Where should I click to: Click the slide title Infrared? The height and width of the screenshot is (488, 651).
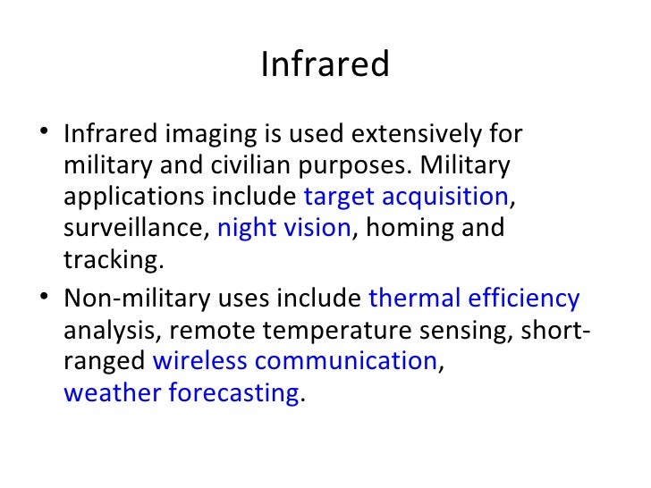(325, 65)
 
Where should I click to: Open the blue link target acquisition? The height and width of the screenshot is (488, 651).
(406, 197)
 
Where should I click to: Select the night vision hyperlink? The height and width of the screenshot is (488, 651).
(284, 228)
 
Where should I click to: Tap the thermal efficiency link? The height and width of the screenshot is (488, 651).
(474, 299)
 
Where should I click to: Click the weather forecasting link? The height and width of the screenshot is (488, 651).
(182, 392)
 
